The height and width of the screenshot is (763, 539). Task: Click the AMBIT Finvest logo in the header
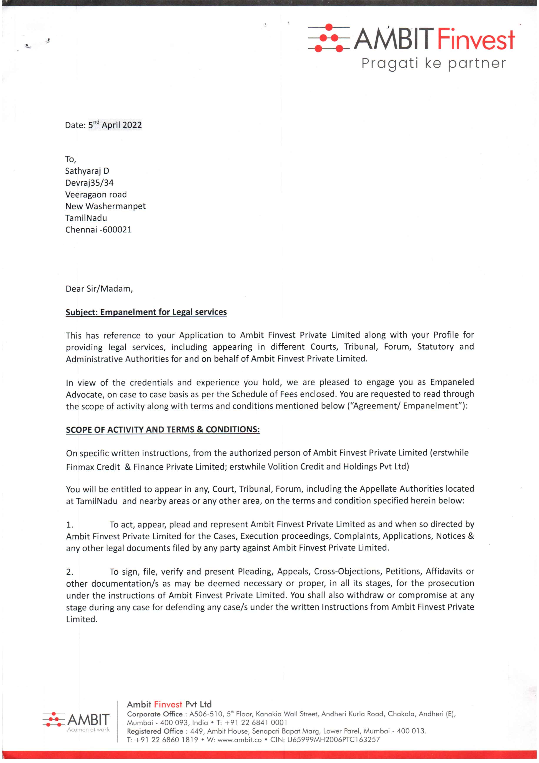pyautogui.click(x=411, y=39)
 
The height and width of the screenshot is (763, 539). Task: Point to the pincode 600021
pyautogui.click(x=117, y=230)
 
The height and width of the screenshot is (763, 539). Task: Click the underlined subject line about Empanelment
pyautogui.click(x=146, y=312)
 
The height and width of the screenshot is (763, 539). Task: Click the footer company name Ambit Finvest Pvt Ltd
pyautogui.click(x=169, y=704)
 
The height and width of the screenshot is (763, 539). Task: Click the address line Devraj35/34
pyautogui.click(x=89, y=183)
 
